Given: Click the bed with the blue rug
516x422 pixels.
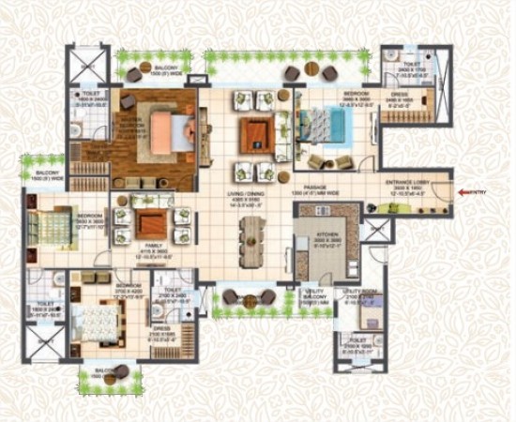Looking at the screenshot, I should [318, 126].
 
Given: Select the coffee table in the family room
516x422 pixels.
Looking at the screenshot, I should [151, 222].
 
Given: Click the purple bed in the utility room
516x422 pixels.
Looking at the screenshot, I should [372, 314].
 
